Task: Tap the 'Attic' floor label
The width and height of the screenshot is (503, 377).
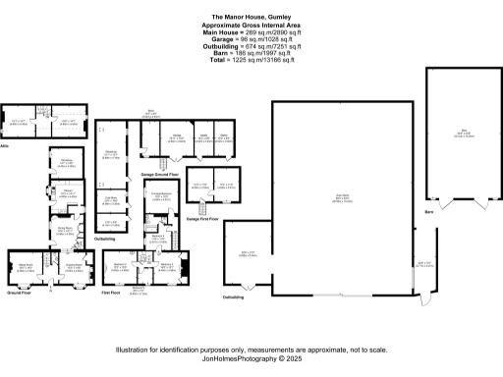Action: pyautogui.click(x=8, y=145)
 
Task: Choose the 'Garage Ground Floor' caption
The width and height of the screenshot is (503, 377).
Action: pyautogui.click(x=159, y=173)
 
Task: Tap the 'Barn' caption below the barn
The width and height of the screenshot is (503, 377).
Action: pyautogui.click(x=428, y=210)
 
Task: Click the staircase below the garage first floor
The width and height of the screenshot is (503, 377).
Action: pyautogui.click(x=203, y=209)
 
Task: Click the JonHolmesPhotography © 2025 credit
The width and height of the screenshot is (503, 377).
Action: pyautogui.click(x=251, y=360)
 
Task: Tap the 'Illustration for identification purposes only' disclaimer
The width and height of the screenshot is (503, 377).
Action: pyautogui.click(x=251, y=350)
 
